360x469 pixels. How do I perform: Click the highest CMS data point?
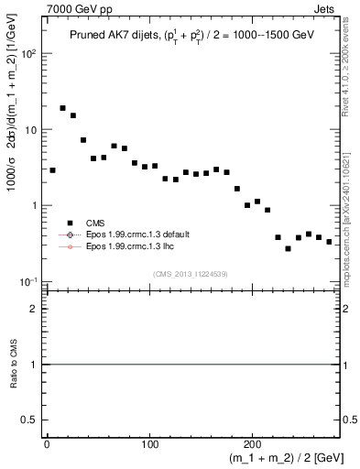(x=63, y=108)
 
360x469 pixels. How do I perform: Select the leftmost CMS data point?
(x=53, y=170)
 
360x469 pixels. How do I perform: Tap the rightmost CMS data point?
(x=329, y=242)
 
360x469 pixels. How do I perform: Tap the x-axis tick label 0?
(x=48, y=445)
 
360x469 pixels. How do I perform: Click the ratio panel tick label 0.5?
(x=35, y=420)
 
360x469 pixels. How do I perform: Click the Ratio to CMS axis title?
(x=14, y=365)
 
